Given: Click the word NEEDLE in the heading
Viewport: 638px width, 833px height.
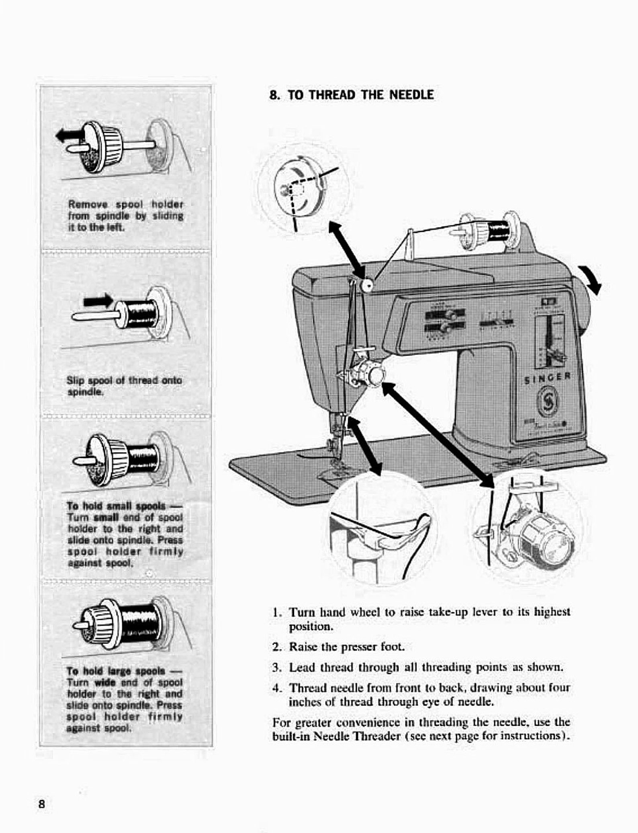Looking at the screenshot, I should [412, 95].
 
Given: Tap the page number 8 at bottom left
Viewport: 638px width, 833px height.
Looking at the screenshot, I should [41, 804].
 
